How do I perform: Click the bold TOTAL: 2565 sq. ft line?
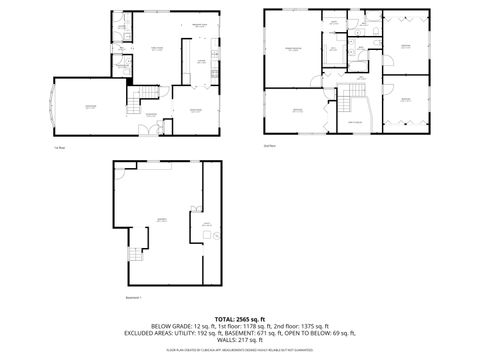coord(240,317)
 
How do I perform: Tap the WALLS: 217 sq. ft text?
coord(240,340)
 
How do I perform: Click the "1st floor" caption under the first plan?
coord(60,146)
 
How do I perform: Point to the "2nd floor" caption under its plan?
coord(269,146)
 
